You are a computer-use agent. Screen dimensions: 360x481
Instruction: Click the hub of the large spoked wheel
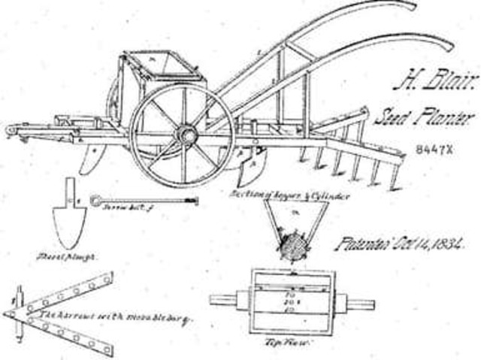(x=186, y=135)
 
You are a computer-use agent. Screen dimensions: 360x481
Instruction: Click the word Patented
(x=362, y=245)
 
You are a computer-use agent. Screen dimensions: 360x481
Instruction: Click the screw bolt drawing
(x=143, y=201)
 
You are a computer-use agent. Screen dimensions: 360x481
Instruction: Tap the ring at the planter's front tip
(x=11, y=131)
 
